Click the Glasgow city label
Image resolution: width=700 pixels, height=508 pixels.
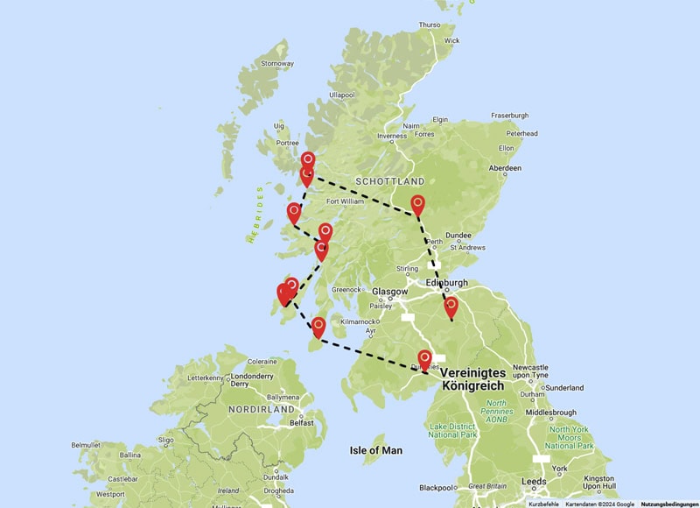(389, 292)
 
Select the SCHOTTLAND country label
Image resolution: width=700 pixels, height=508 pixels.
(389, 181)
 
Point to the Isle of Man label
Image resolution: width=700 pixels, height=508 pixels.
(376, 450)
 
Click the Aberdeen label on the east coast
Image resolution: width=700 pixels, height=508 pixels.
(506, 168)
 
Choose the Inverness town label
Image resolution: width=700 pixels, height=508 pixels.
(391, 137)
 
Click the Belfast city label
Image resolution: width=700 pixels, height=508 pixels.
(301, 422)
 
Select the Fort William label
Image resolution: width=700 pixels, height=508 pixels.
(345, 201)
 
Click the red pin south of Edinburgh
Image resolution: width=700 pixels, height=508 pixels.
(451, 307)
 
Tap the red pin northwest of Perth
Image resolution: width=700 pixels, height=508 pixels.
(418, 205)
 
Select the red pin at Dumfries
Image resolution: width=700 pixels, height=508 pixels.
(424, 360)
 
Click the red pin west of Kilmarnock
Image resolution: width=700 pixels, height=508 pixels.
(318, 327)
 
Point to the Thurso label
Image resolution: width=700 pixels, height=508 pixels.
(430, 25)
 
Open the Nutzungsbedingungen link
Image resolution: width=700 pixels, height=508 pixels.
(669, 504)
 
